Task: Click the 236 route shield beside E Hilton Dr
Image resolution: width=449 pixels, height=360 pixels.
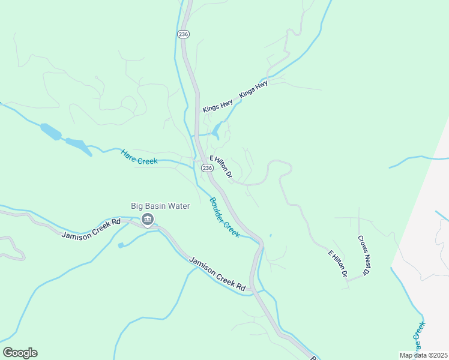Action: click(207, 168)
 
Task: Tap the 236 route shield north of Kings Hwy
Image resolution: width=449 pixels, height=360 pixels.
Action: click(184, 35)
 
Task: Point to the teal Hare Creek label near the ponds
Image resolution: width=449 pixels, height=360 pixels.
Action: click(139, 157)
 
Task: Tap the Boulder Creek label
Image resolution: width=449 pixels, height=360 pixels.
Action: click(224, 217)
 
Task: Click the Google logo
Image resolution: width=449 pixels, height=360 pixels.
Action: click(20, 353)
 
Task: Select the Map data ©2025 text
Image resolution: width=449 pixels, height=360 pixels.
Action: click(423, 355)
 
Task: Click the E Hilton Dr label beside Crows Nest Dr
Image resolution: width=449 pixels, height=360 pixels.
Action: click(338, 263)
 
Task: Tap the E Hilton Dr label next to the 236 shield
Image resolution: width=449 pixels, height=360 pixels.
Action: click(221, 169)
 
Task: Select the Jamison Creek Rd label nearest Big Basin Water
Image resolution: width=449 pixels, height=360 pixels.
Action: click(91, 229)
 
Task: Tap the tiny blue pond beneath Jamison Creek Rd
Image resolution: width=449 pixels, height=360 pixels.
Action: click(121, 245)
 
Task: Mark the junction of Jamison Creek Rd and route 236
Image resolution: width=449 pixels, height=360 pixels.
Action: click(255, 290)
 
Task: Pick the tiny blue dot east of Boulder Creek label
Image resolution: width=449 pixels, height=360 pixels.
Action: click(270, 235)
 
